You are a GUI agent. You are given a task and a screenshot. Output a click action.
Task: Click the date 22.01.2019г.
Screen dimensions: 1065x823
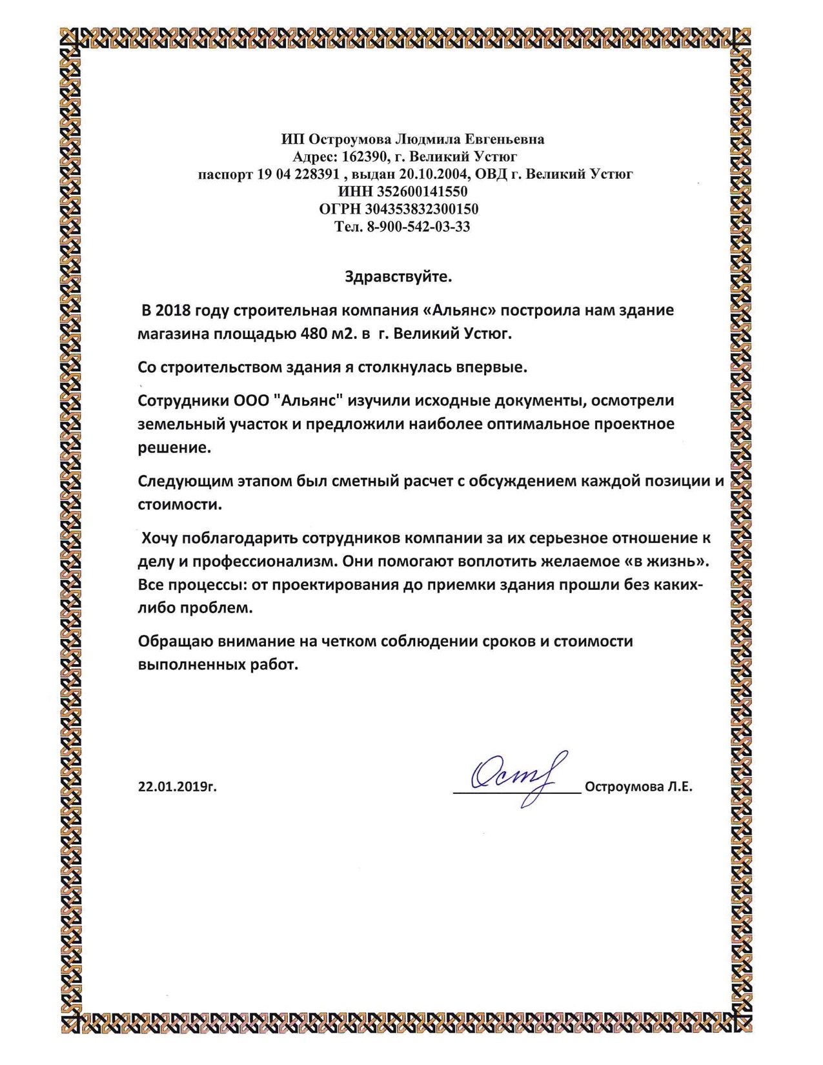point(177,786)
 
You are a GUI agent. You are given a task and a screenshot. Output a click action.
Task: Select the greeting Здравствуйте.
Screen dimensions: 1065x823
point(398,277)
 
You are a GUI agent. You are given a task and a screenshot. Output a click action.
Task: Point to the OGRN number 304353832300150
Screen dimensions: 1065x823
point(422,209)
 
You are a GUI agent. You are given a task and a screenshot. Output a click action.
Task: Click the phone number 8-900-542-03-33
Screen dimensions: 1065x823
point(418,227)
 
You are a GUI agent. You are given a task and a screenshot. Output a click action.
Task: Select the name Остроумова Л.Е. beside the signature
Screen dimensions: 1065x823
point(638,786)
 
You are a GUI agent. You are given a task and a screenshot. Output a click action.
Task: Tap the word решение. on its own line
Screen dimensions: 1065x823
point(174,447)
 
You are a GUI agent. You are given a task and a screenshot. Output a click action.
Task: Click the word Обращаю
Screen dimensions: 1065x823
point(175,641)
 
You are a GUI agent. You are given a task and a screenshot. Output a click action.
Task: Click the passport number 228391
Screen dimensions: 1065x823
point(316,174)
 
